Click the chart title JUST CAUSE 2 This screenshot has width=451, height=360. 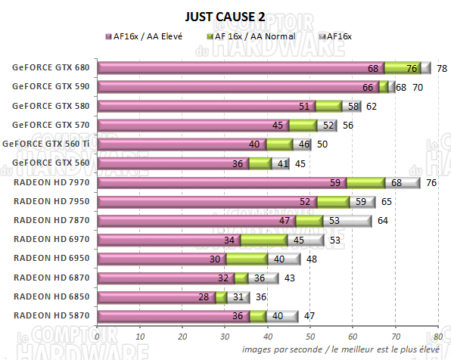coord(225,16)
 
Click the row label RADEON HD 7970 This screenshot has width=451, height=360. coord(51,182)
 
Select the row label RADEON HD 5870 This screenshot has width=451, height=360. coord(51,316)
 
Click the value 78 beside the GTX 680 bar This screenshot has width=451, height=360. coord(442,68)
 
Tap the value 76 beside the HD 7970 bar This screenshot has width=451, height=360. coord(431,183)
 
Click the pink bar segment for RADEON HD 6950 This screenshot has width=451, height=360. coord(162,259)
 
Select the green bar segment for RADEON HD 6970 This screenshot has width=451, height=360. coord(263,240)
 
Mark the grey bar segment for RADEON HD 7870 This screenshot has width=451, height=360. coord(347,221)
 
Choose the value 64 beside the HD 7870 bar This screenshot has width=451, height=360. coord(383,221)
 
